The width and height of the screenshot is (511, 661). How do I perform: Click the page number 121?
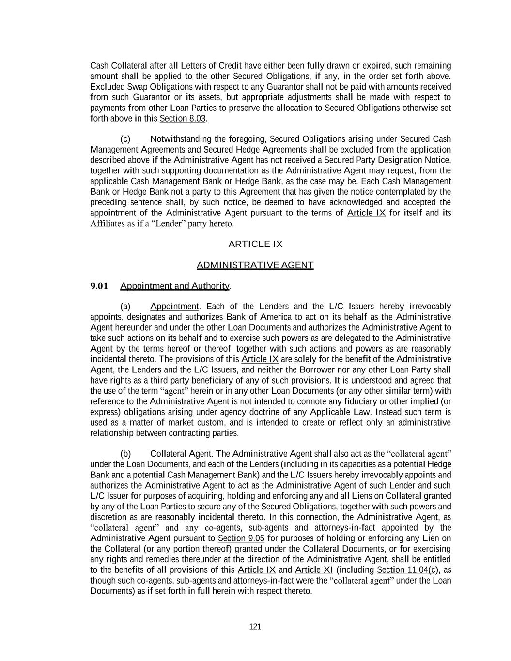pyautogui.click(x=255, y=627)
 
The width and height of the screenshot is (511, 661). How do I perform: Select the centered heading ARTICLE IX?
pyautogui.click(x=255, y=244)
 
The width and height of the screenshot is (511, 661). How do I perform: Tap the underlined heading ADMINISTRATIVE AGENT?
pyautogui.click(x=255, y=265)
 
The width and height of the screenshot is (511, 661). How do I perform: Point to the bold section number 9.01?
pyautogui.click(x=99, y=286)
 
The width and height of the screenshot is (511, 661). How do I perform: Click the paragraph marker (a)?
pyautogui.click(x=125, y=307)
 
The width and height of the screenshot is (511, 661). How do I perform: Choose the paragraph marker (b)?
pyautogui.click(x=125, y=454)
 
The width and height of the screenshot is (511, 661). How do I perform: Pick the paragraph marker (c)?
pyautogui.click(x=125, y=139)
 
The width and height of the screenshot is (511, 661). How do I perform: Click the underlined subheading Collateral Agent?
pyautogui.click(x=181, y=454)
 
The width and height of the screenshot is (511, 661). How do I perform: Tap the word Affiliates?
pyautogui.click(x=107, y=223)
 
